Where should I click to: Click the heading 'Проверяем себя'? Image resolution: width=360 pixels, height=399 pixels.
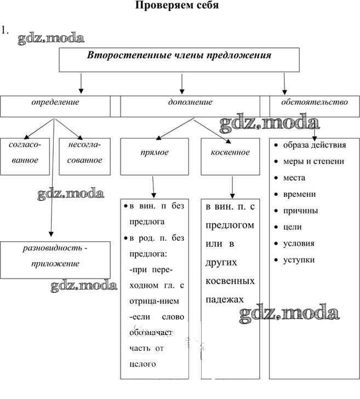click(x=176, y=6)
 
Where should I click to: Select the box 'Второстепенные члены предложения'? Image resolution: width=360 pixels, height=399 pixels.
click(x=180, y=60)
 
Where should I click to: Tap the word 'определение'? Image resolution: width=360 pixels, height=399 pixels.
click(x=55, y=102)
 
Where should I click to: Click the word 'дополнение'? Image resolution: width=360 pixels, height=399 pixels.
click(x=190, y=102)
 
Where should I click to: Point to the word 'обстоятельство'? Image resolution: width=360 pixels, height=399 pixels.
click(x=314, y=102)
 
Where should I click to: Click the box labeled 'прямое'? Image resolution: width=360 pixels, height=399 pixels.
click(x=155, y=153)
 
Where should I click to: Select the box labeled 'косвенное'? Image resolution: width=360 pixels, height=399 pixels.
click(x=230, y=153)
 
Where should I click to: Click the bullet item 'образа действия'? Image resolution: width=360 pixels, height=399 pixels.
click(x=314, y=145)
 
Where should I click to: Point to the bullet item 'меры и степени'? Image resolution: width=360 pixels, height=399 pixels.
click(x=313, y=161)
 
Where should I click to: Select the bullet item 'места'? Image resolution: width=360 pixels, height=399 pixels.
click(x=294, y=178)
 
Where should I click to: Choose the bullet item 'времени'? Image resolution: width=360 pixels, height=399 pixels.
click(x=299, y=194)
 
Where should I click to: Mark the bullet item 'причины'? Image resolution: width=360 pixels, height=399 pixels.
click(x=300, y=211)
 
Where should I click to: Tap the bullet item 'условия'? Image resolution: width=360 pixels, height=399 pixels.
click(x=299, y=244)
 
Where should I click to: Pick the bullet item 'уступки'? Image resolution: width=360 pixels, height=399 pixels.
click(x=299, y=260)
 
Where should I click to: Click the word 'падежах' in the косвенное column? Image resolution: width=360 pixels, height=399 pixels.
click(x=225, y=299)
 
